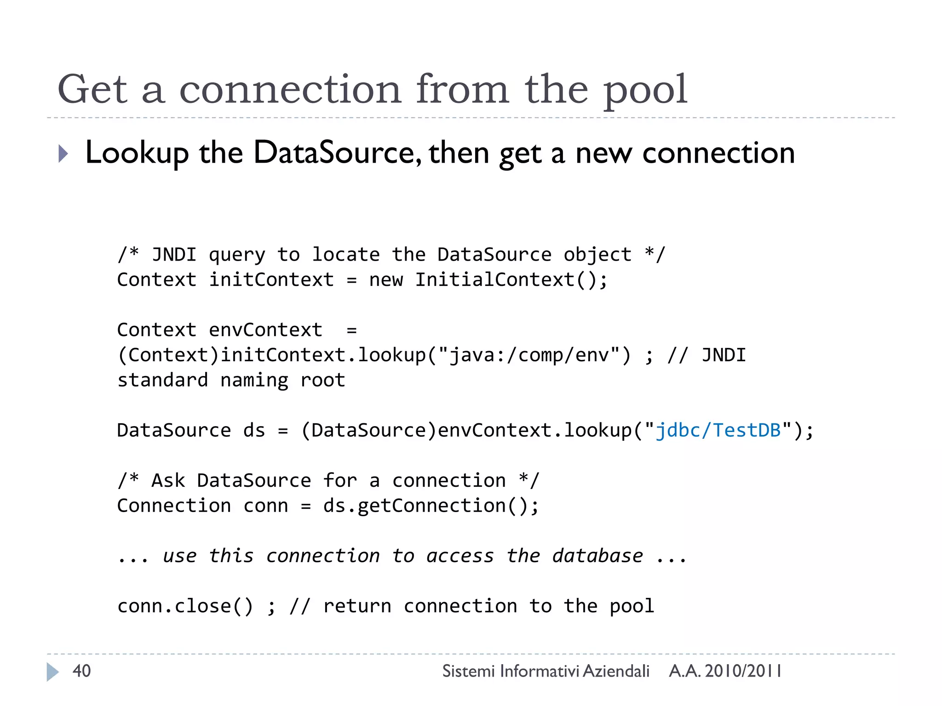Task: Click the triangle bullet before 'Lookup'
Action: tap(63, 154)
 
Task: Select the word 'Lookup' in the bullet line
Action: tap(137, 153)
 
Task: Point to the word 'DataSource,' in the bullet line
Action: tap(337, 153)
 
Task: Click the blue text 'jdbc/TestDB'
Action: tap(718, 431)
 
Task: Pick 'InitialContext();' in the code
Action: tap(511, 280)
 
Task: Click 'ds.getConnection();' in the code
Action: tap(431, 506)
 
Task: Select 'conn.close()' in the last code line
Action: tap(185, 606)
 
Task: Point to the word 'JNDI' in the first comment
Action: tap(174, 255)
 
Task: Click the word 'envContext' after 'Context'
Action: tap(265, 330)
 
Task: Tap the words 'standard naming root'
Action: tap(231, 381)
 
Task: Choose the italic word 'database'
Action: tap(597, 556)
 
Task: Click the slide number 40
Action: tap(82, 671)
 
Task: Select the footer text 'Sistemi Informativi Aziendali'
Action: tap(546, 671)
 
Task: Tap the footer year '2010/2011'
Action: tap(743, 671)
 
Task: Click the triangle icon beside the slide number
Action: tap(52, 672)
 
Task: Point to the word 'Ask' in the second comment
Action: tap(168, 481)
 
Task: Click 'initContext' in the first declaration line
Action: tap(271, 280)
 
